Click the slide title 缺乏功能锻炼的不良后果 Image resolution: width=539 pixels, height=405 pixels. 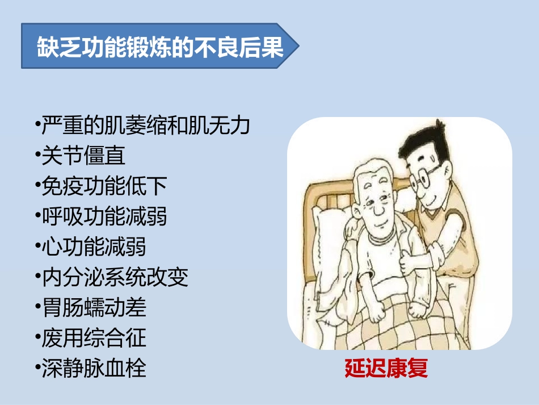tap(159, 47)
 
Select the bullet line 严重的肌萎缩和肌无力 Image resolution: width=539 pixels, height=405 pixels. tap(145, 126)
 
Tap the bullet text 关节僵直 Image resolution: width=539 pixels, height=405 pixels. tap(83, 156)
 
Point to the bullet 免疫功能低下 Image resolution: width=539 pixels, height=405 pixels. tap(104, 186)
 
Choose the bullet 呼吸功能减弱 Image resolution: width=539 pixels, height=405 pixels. tap(104, 216)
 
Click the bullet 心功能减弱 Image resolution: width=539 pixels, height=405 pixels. tap(93, 247)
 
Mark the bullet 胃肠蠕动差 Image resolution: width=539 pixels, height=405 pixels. tap(93, 307)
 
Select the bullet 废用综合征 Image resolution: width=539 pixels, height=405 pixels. tap(93, 338)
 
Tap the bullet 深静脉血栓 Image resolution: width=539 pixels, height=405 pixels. tap(93, 368)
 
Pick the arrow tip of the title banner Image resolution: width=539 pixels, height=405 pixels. tap(295, 47)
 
